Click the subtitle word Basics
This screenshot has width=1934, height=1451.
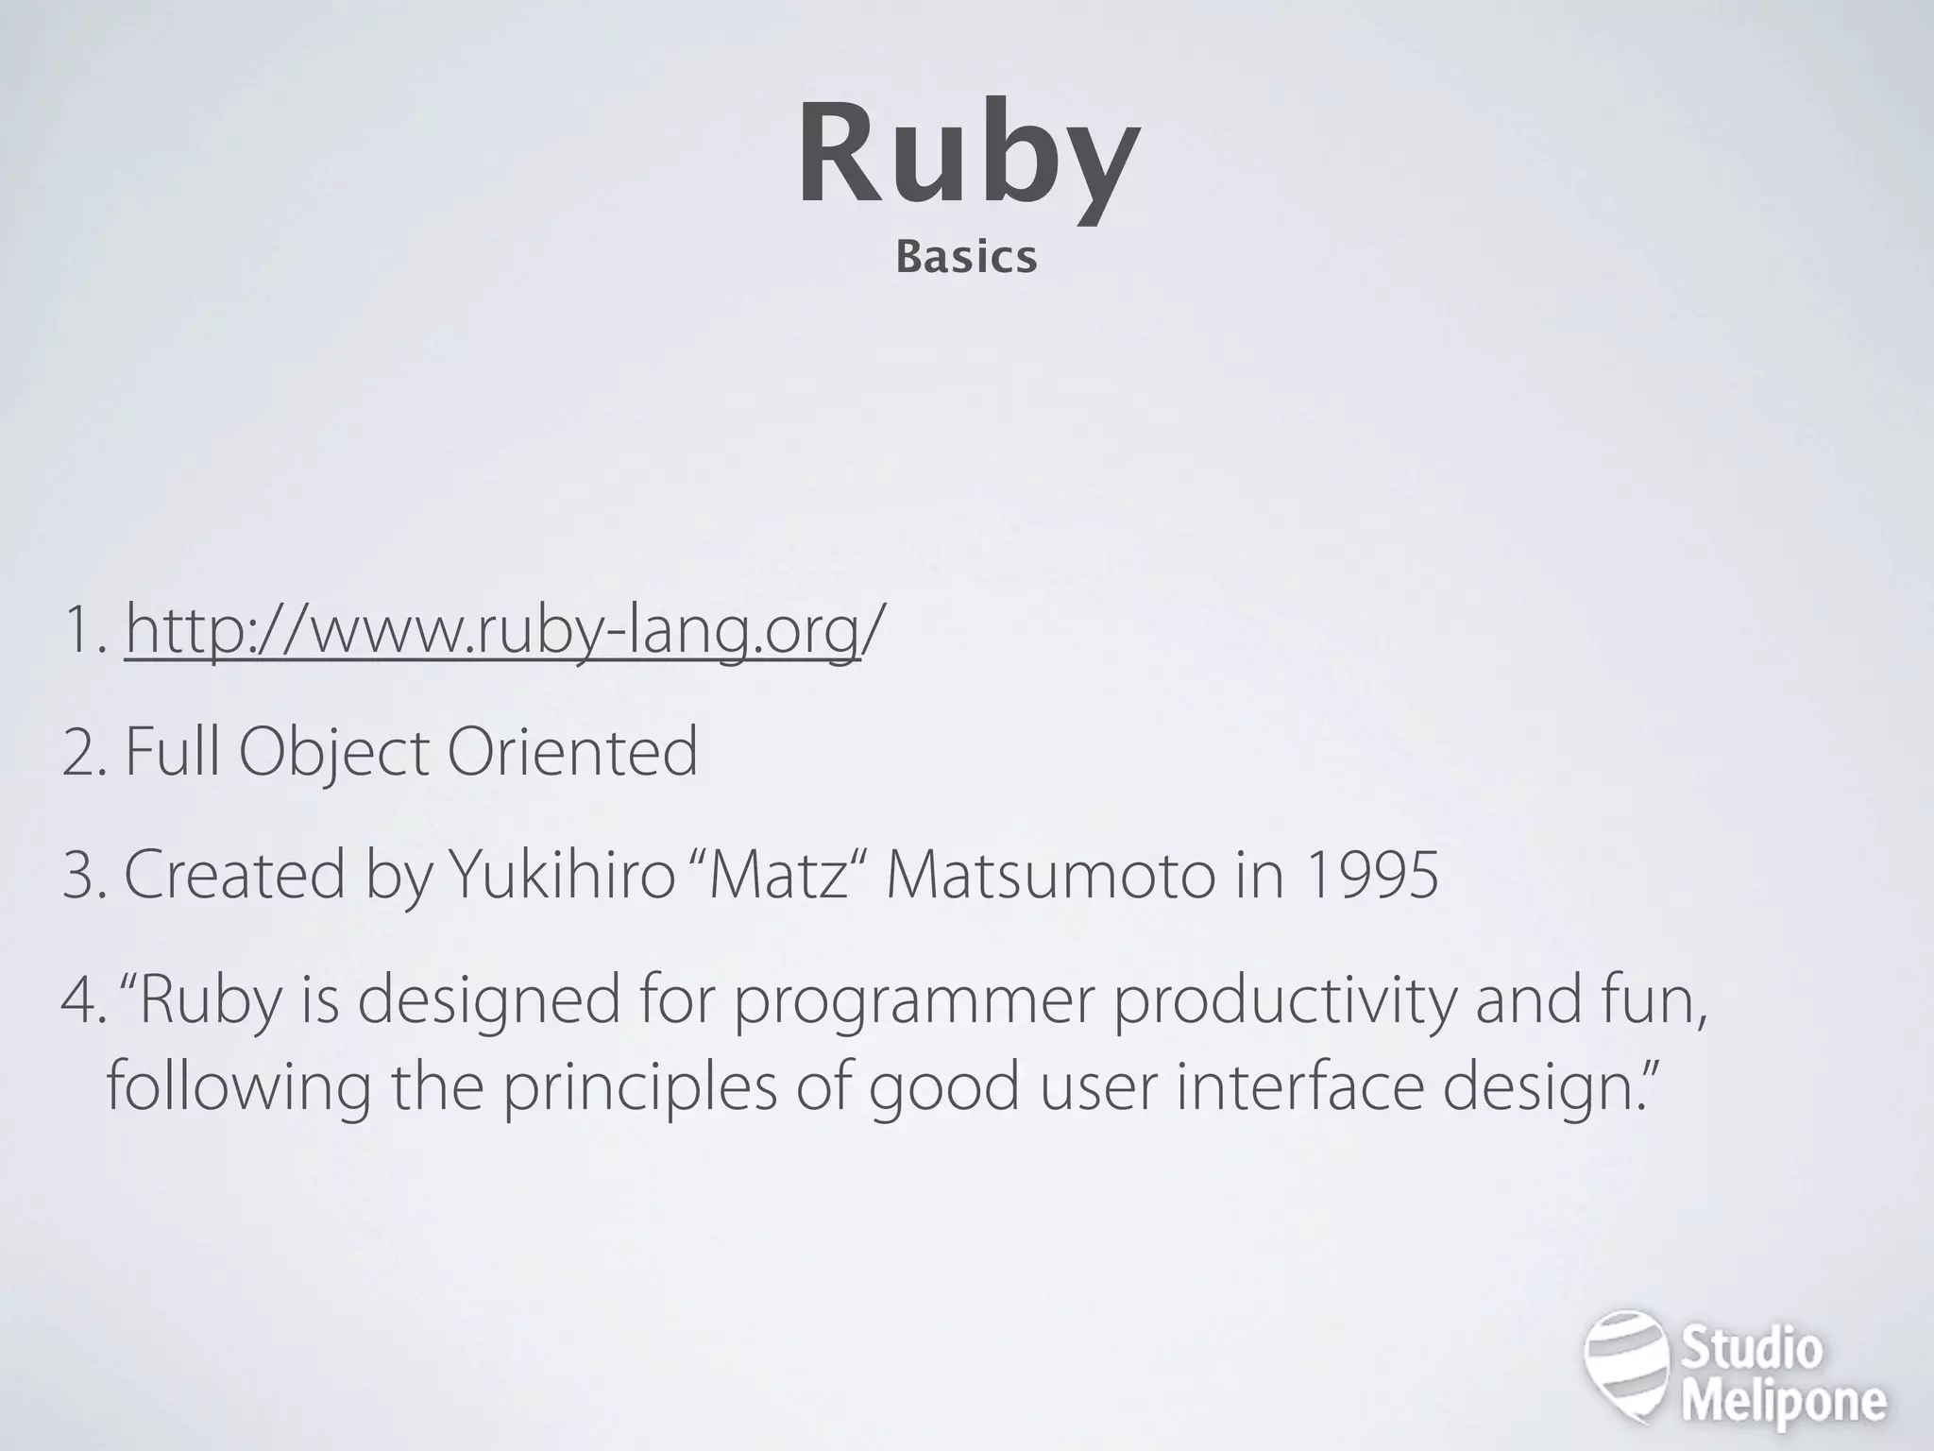pyautogui.click(x=966, y=258)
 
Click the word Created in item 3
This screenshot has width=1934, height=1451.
pyautogui.click(x=234, y=874)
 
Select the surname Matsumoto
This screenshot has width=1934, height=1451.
pyautogui.click(x=1050, y=874)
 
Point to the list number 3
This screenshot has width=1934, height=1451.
pyautogui.click(x=79, y=874)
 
